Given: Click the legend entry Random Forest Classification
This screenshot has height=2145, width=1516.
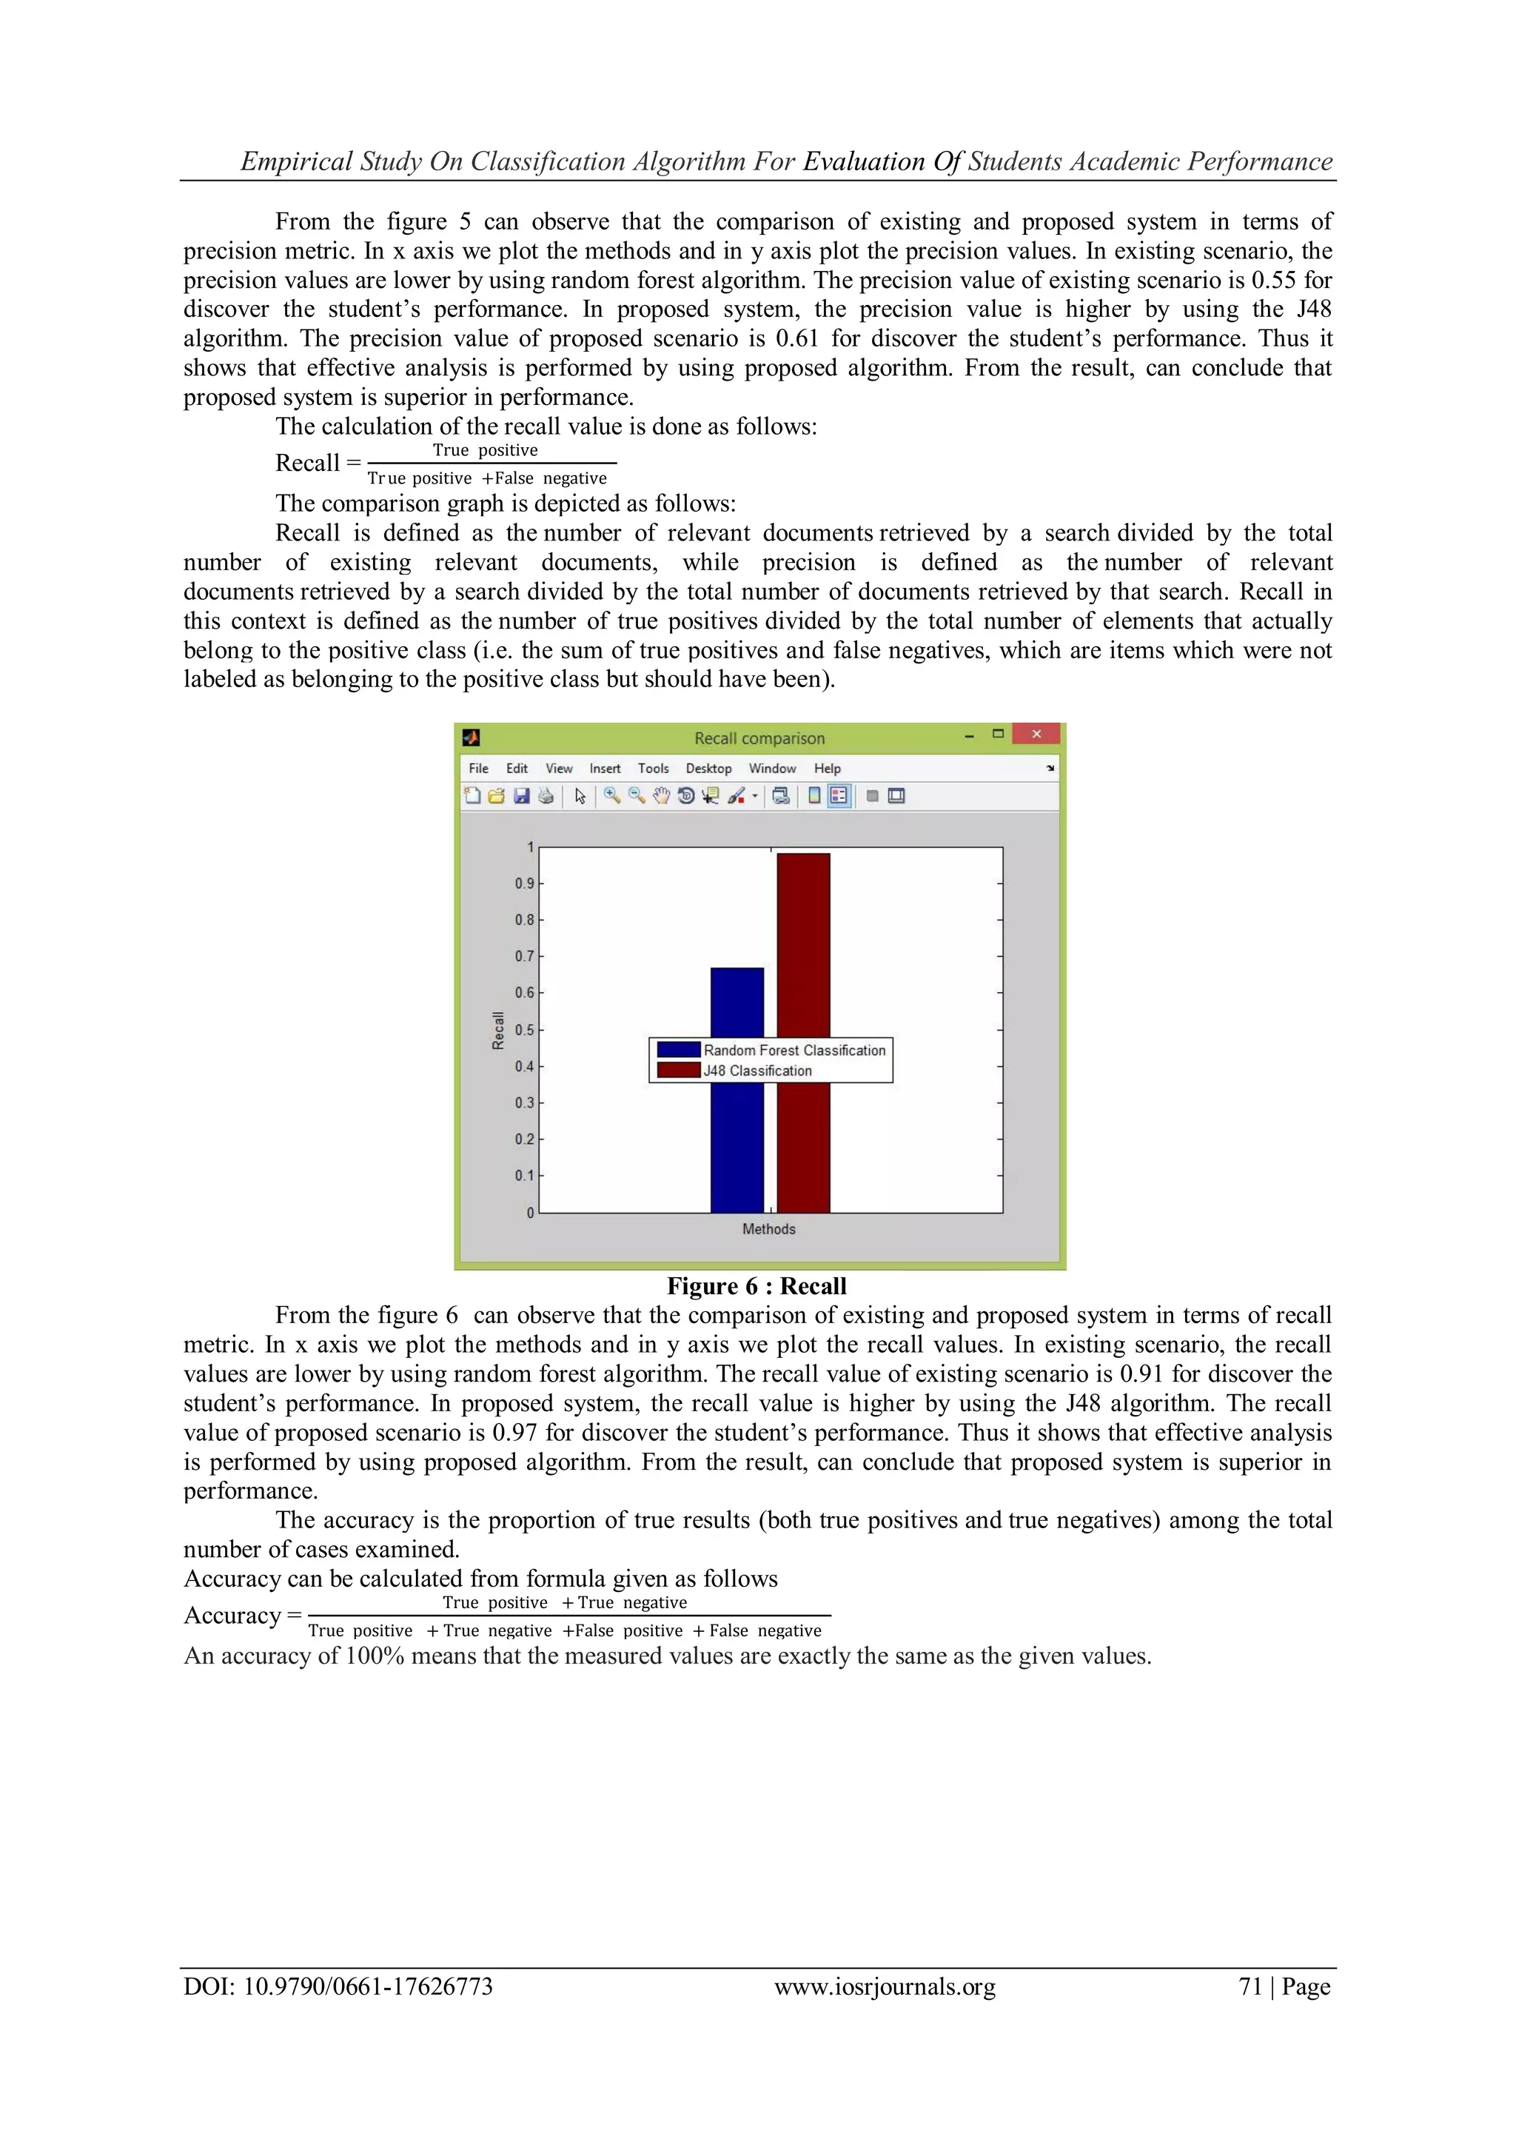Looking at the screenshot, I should point(794,1050).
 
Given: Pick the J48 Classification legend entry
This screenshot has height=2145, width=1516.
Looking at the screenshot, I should point(757,1071).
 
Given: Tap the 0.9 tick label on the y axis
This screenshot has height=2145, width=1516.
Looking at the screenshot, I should point(524,883).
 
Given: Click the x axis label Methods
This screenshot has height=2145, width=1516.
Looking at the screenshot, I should point(769,1228).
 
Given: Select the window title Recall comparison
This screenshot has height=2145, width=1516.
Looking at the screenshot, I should point(759,738).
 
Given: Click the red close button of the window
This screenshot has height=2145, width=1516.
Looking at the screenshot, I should point(1035,734).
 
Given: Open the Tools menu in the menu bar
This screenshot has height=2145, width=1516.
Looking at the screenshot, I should point(653,768).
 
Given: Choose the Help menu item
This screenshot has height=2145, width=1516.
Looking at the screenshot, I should point(827,768).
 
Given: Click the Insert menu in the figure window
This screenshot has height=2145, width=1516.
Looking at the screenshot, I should point(604,768).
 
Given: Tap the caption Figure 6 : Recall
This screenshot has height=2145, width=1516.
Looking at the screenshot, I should point(757,1285).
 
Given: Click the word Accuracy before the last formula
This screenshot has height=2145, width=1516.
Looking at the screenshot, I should point(232,1616).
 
